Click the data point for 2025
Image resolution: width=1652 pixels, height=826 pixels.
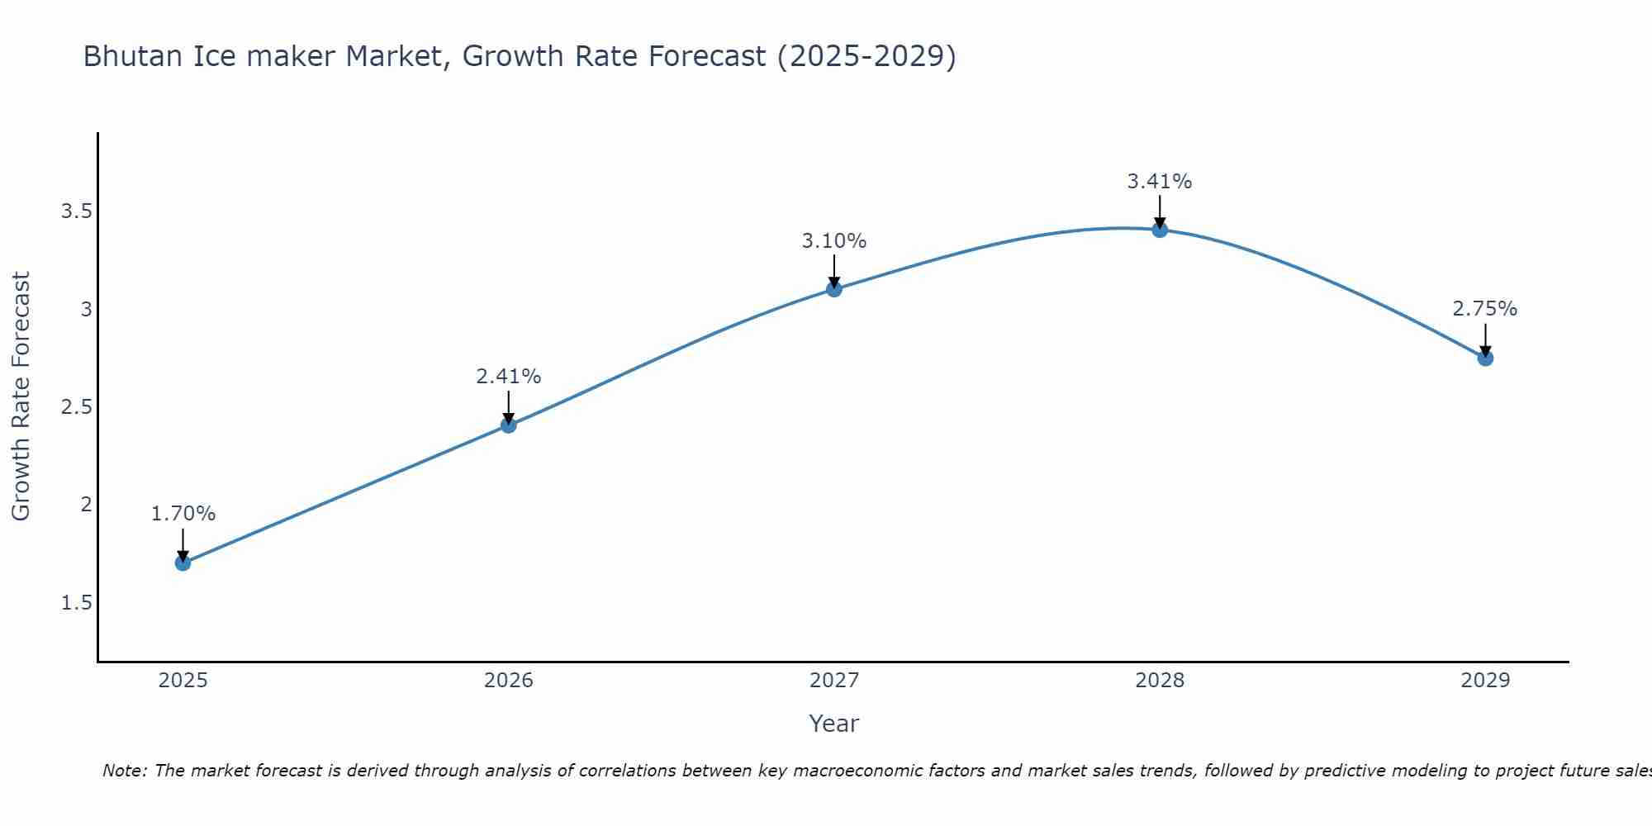(183, 563)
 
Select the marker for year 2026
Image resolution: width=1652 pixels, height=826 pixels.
(509, 425)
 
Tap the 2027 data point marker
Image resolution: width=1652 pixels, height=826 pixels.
(834, 289)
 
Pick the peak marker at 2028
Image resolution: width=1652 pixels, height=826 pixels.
(1160, 230)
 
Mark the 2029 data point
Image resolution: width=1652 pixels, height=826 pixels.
(1485, 358)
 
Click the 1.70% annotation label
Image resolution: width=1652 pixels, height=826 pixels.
(183, 514)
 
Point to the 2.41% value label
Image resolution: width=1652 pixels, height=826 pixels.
(509, 377)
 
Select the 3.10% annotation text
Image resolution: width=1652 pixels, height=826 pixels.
(834, 241)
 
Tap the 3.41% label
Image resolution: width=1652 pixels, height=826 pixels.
(1160, 182)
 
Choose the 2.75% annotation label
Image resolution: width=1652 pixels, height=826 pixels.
(1485, 309)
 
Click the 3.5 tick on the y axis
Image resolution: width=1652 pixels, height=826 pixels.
(76, 211)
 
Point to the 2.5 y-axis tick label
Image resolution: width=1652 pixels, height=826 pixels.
(76, 407)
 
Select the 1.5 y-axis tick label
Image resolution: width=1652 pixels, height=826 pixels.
(76, 603)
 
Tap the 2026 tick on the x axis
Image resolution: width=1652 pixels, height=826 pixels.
(509, 681)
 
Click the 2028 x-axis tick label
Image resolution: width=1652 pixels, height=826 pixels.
(1160, 681)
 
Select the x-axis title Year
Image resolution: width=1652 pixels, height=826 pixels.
(834, 724)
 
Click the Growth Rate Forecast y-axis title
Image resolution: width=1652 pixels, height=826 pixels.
(21, 396)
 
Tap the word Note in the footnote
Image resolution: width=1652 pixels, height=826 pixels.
(124, 771)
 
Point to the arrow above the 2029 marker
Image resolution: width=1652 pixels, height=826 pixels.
(1485, 339)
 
